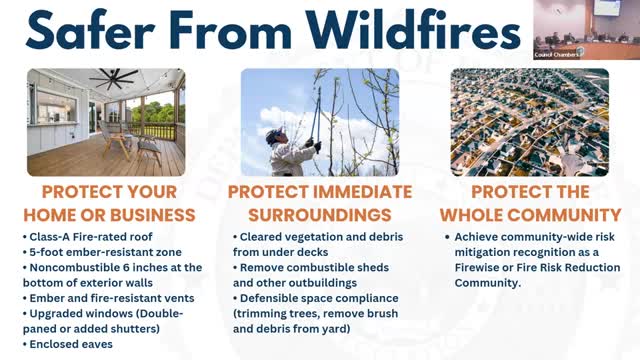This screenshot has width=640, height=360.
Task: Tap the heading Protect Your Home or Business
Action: [x=111, y=203]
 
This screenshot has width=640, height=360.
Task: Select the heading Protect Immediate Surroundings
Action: [x=319, y=203]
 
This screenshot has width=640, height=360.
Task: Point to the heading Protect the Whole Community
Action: [x=531, y=203]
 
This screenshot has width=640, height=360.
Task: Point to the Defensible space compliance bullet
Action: [x=320, y=298]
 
